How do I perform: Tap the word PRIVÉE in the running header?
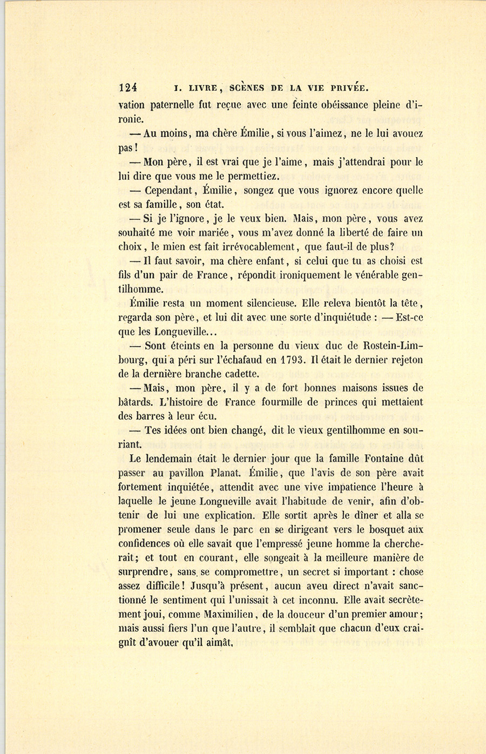tap(347, 87)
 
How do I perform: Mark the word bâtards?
tap(135, 402)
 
